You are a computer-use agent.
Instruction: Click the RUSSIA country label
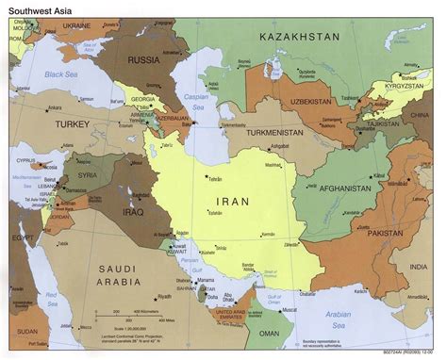[144, 58]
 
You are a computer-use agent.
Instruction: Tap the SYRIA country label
[86, 175]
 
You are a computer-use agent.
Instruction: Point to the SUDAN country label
[25, 331]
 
